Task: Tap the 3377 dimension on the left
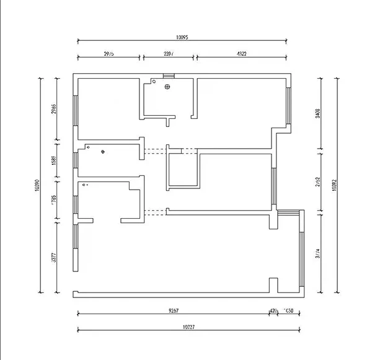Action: coord(55,257)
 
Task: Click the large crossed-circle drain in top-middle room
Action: coord(167,87)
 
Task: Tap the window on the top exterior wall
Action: coord(169,76)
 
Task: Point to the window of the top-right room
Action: coord(289,105)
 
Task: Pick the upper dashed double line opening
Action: coord(156,149)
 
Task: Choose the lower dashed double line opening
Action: coord(156,213)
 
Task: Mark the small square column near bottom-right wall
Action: coord(272,284)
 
